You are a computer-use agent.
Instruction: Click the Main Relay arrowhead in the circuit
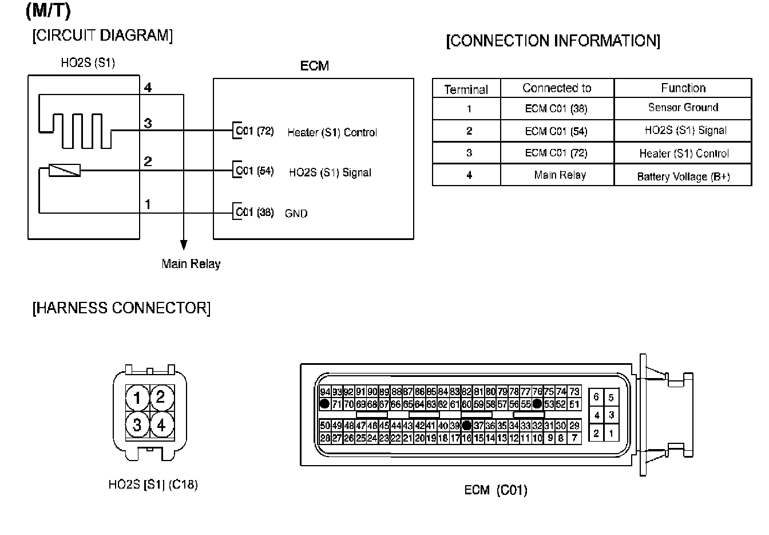(x=184, y=245)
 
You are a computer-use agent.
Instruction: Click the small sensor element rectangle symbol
(x=65, y=170)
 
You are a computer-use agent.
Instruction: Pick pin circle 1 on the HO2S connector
(x=137, y=398)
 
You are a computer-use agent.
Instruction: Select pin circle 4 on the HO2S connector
(x=161, y=425)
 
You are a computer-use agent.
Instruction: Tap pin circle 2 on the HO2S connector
(x=161, y=396)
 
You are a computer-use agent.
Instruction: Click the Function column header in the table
(x=683, y=88)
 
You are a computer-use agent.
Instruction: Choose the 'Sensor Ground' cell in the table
(x=683, y=108)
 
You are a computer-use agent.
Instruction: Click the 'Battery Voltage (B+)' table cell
(x=683, y=176)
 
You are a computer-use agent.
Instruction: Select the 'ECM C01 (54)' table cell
(x=556, y=131)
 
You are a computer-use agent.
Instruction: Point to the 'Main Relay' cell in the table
(x=560, y=175)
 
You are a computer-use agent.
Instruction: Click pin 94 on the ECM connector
(x=325, y=392)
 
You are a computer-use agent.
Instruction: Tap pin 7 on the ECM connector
(x=574, y=438)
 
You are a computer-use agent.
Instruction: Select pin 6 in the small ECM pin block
(x=596, y=396)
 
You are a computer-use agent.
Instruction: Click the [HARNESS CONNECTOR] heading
(x=121, y=308)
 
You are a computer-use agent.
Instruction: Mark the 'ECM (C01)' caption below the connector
(x=496, y=490)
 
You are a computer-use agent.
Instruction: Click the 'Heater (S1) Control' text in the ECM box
(x=332, y=132)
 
